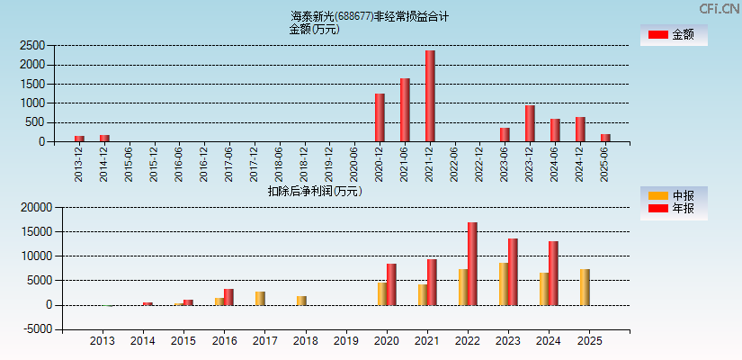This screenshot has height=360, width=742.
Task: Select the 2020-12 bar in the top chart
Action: click(x=380, y=118)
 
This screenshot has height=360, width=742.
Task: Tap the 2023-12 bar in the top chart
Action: click(x=530, y=123)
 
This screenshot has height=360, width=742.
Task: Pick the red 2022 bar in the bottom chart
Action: click(x=472, y=264)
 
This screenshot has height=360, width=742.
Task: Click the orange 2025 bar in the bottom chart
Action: click(x=585, y=287)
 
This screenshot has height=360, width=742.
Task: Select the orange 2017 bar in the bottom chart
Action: click(x=260, y=298)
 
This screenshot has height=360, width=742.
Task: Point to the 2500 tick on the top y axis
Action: click(x=32, y=45)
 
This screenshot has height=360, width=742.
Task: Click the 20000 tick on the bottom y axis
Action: click(x=30, y=207)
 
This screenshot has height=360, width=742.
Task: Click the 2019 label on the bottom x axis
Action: click(x=345, y=342)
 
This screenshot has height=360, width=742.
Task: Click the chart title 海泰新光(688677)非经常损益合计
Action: click(x=369, y=16)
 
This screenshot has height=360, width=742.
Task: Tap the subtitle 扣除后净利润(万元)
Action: click(x=315, y=191)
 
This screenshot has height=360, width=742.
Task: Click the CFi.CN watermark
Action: click(x=719, y=8)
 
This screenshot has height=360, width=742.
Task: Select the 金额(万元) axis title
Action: click(x=314, y=29)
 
